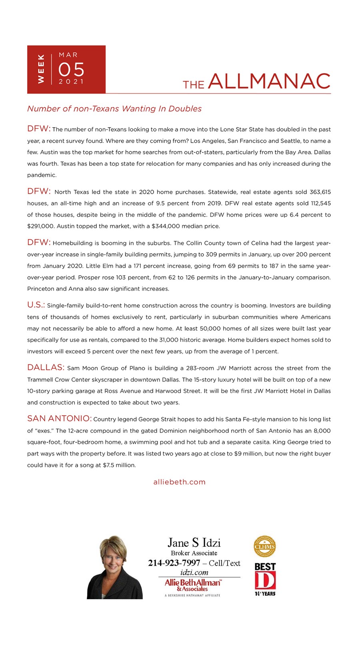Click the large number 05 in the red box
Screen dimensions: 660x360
point(71,70)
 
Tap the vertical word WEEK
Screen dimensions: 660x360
point(41,69)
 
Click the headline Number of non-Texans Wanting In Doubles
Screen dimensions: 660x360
point(114,109)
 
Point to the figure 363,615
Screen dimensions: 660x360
point(320,192)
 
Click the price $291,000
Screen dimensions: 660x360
point(40,226)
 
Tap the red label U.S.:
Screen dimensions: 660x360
point(36,305)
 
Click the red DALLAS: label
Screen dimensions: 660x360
point(46,368)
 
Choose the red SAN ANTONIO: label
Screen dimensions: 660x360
point(59,419)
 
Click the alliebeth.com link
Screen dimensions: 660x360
point(179,482)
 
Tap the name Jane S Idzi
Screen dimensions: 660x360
point(194,543)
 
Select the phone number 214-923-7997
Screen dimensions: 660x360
point(174,563)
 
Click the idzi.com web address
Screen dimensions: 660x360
point(194,572)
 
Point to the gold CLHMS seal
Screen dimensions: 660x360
point(265,546)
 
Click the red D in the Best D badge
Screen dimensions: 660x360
point(264,581)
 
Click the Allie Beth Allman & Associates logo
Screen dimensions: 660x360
point(192,585)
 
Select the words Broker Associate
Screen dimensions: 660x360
point(194,553)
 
